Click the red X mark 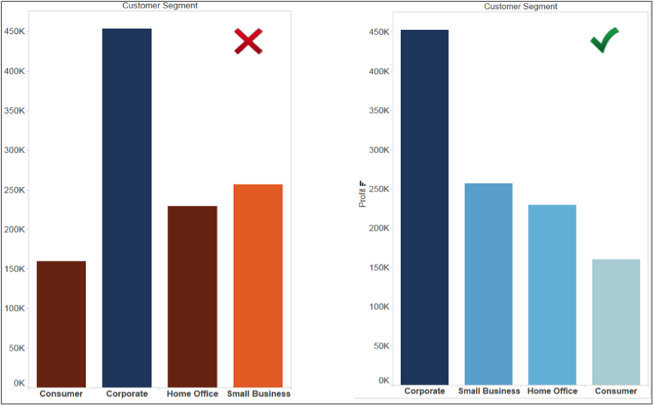pyautogui.click(x=248, y=42)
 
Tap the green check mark pyautogui.click(x=604, y=41)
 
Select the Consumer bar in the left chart pyautogui.click(x=61, y=324)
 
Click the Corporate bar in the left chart pyautogui.click(x=127, y=207)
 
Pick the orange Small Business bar pyautogui.click(x=258, y=285)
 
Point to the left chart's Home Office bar pyautogui.click(x=193, y=296)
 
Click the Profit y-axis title pyautogui.click(x=362, y=195)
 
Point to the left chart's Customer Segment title pyautogui.click(x=160, y=6)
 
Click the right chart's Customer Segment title pyautogui.click(x=521, y=6)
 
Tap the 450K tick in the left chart pyautogui.click(x=15, y=31)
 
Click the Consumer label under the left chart pyautogui.click(x=61, y=394)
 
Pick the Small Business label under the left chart pyautogui.click(x=258, y=394)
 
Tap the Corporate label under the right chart pyautogui.click(x=424, y=391)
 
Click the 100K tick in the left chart pyautogui.click(x=15, y=308)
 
